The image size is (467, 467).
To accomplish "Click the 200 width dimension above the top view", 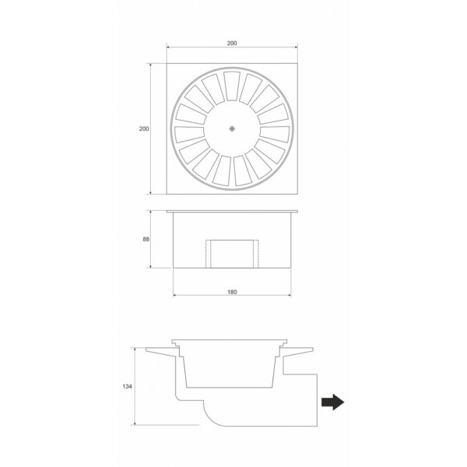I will pyautogui.click(x=233, y=43).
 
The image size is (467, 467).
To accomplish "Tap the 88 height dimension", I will pyautogui.click(x=145, y=241).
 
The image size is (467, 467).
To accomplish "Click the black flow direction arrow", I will pyautogui.click(x=331, y=402).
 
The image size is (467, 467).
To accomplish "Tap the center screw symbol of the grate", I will pyautogui.click(x=233, y=129).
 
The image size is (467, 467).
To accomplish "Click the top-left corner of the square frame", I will pyautogui.click(x=167, y=64).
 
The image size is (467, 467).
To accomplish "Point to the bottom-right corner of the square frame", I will pyautogui.click(x=299, y=195).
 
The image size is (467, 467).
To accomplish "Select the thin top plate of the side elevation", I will pyautogui.click(x=233, y=211).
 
